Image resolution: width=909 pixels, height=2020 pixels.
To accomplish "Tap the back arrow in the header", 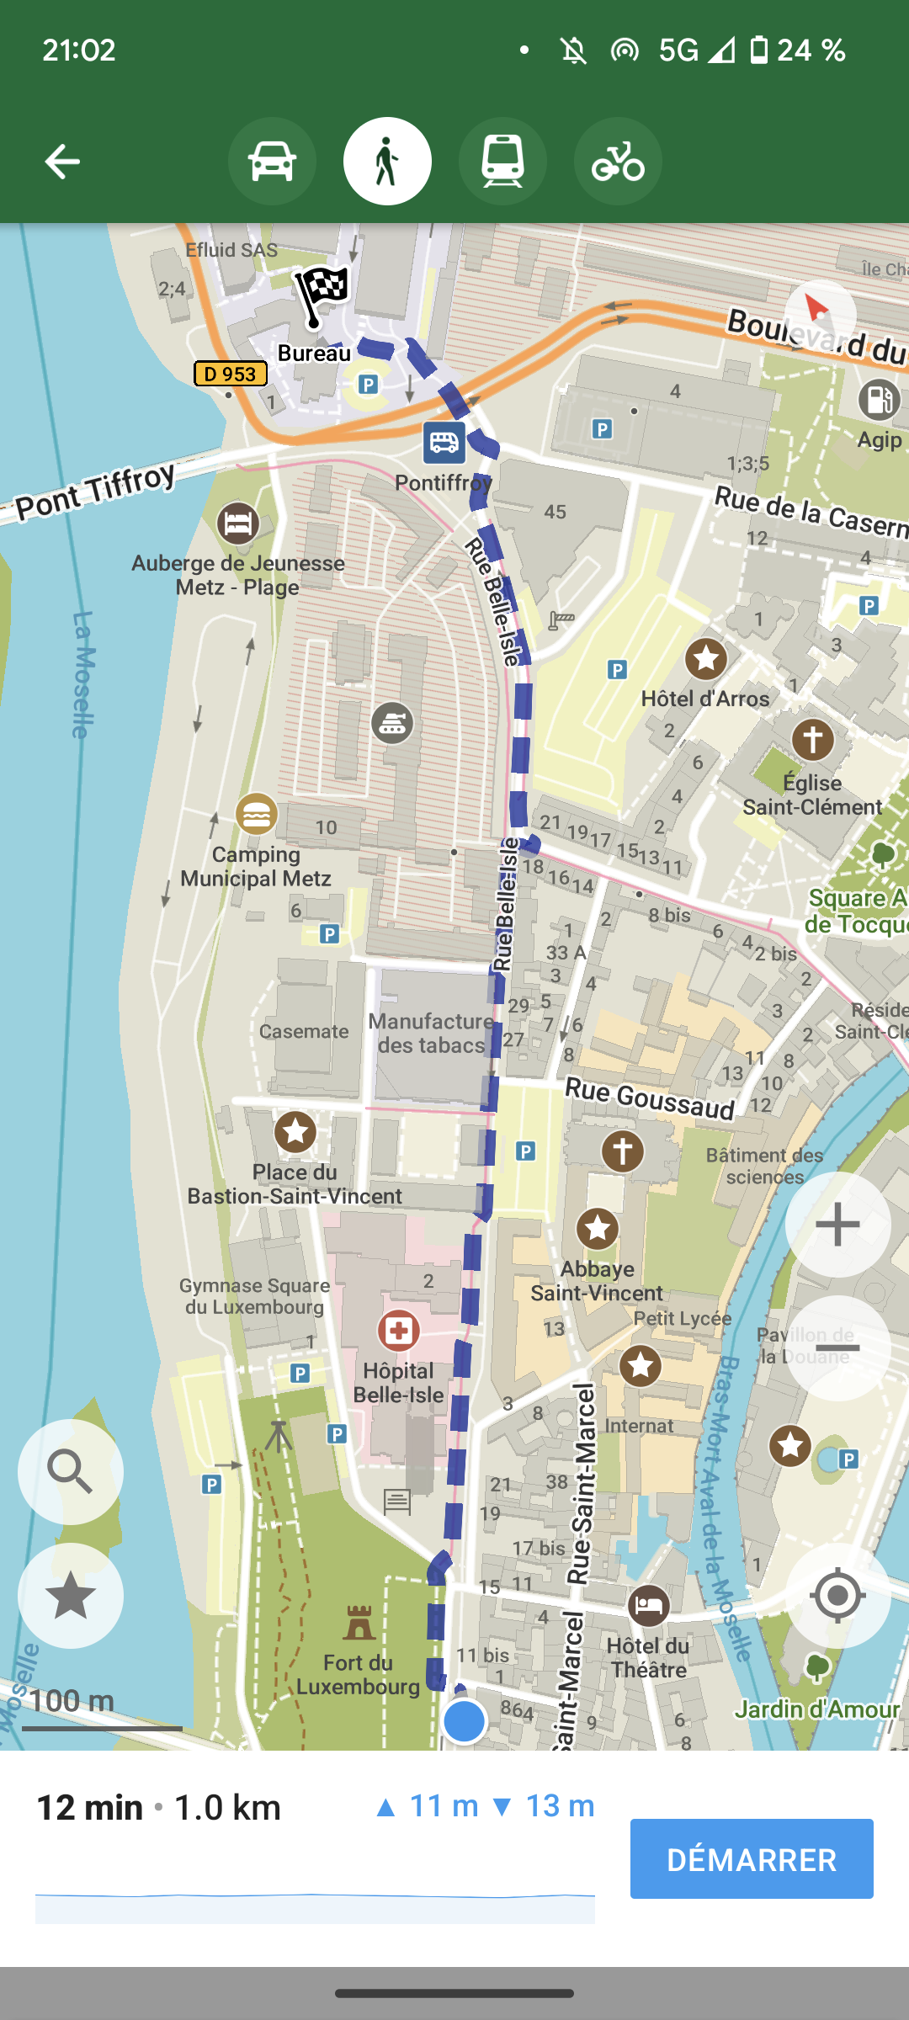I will [62, 161].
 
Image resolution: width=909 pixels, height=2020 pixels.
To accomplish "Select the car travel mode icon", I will [272, 161].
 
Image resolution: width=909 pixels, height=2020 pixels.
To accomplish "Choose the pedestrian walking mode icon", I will [387, 161].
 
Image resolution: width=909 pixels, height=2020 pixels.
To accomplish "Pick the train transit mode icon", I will [502, 161].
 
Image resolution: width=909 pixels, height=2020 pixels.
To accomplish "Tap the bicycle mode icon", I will [618, 161].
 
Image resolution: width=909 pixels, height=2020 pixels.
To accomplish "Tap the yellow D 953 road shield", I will [230, 373].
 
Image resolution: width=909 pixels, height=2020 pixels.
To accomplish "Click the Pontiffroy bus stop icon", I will [444, 442].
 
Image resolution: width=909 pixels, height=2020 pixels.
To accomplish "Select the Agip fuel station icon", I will [879, 399].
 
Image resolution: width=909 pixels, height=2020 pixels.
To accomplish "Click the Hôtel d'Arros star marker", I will [705, 658].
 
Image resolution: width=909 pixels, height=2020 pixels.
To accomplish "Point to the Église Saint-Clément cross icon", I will [812, 740].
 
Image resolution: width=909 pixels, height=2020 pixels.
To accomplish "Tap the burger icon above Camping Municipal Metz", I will [256, 814].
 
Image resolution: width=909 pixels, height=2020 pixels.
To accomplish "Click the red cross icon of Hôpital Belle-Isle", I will [398, 1330].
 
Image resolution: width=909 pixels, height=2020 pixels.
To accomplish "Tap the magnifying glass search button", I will [71, 1471].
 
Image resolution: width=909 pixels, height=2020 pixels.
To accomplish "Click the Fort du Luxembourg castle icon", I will [359, 1623].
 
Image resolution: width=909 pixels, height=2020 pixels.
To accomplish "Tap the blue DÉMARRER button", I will [752, 1858].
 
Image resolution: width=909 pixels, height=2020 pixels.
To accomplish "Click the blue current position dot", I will [464, 1721].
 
